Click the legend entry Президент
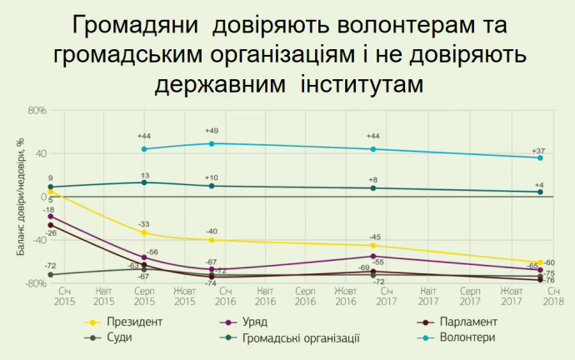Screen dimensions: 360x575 click(133, 321)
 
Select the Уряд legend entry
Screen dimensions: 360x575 click(279, 321)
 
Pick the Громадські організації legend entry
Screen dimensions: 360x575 click(301, 337)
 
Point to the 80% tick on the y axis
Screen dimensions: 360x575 click(37, 110)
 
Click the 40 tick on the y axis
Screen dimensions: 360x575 click(39, 153)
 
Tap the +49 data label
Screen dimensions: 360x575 click(212, 131)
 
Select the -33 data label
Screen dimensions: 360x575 click(143, 224)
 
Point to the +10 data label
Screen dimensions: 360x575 click(212, 177)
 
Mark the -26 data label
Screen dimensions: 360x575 click(50, 232)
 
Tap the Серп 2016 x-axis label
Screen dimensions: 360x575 click(305, 296)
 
